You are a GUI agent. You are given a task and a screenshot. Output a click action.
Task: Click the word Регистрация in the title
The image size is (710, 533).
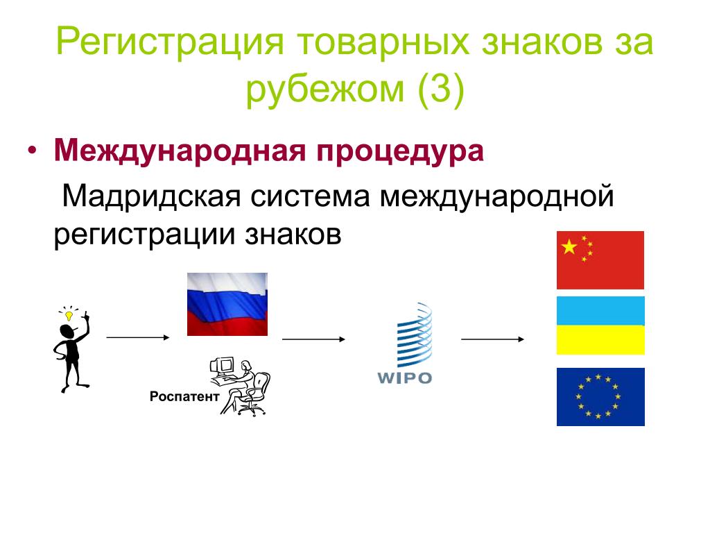tap(169, 42)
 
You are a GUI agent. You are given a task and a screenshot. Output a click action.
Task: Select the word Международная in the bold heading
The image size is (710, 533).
tap(180, 151)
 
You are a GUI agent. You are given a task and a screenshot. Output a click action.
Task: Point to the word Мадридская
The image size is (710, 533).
tap(150, 196)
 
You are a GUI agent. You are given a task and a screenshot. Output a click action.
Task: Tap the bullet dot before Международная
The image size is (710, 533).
tap(32, 151)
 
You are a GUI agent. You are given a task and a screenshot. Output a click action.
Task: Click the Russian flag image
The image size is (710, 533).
tap(227, 304)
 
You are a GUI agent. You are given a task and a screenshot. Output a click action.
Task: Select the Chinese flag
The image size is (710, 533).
tap(600, 260)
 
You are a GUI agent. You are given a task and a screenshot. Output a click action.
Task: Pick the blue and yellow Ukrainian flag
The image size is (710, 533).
tap(600, 325)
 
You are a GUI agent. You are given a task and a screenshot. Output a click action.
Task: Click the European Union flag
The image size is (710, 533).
tap(600, 396)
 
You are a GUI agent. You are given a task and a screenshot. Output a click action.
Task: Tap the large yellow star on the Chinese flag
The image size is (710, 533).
tap(569, 247)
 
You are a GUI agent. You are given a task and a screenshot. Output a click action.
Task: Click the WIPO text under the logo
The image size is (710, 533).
tap(405, 378)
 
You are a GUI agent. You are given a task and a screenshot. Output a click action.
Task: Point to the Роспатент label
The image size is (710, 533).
tap(184, 396)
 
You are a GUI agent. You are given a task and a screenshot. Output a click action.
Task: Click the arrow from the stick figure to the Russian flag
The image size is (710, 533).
tap(138, 337)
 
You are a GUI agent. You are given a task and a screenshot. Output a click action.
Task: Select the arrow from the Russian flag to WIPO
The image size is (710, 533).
tap(313, 339)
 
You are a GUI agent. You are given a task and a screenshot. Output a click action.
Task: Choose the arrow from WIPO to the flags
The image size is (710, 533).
tap(493, 339)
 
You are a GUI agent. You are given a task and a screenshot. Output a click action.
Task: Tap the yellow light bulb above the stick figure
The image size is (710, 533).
tap(69, 314)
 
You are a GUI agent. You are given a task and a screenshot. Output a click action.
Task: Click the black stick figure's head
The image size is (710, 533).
tap(69, 331)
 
